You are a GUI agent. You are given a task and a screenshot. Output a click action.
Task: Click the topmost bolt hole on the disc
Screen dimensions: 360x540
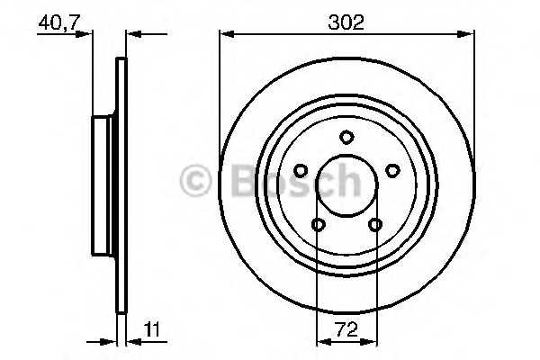tap(346, 137)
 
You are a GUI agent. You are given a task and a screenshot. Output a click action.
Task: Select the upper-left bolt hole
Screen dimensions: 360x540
tap(301, 169)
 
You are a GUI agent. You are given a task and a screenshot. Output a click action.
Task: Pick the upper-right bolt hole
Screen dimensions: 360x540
tap(391, 169)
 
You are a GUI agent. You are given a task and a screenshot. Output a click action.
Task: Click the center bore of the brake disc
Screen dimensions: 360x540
tap(346, 186)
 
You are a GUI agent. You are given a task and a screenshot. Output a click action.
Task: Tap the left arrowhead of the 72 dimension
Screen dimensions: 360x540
tap(321, 340)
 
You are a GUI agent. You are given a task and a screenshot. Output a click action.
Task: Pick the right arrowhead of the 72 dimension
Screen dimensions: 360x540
tap(371, 340)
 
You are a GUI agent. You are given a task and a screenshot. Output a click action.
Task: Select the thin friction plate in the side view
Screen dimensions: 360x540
tap(121, 186)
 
